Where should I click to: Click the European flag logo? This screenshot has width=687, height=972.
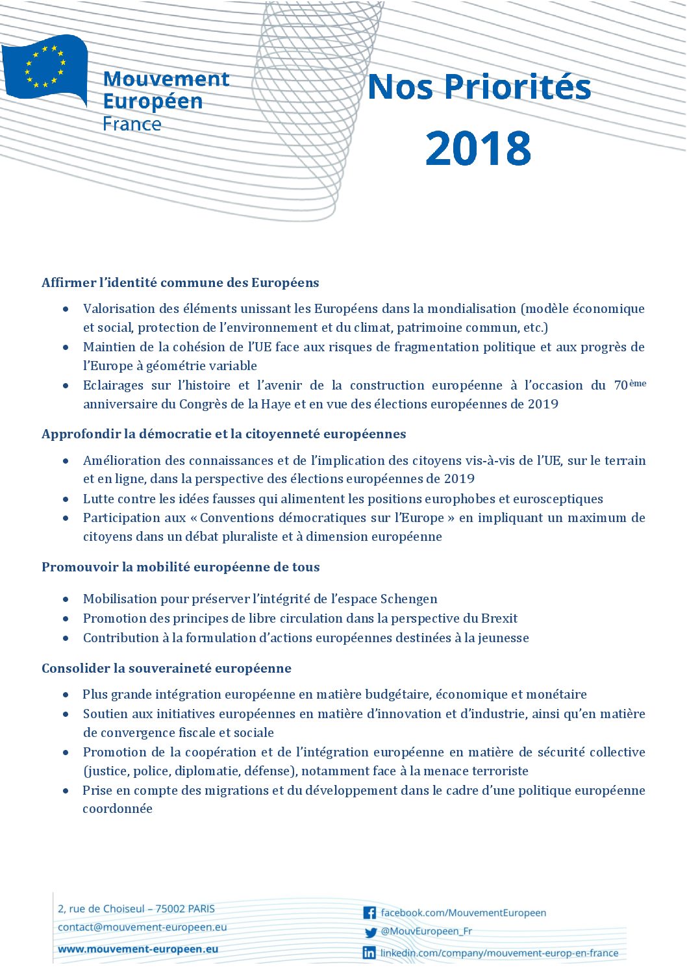(45, 68)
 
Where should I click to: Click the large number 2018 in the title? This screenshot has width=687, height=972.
(478, 147)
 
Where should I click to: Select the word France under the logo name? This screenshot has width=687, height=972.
(132, 124)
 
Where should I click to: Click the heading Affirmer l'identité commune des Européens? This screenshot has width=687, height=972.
(180, 282)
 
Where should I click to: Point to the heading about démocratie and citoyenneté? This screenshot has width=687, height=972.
(223, 434)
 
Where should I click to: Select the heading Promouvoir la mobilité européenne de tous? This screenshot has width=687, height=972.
(181, 567)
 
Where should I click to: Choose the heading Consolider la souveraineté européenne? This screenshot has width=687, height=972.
(166, 668)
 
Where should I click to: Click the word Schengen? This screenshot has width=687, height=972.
(408, 599)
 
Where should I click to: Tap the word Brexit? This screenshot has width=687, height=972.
(499, 618)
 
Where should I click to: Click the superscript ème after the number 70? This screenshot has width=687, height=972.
(638, 383)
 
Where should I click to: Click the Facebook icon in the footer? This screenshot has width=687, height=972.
(369, 913)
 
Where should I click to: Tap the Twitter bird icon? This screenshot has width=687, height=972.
(370, 932)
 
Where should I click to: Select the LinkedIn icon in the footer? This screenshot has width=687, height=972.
(369, 953)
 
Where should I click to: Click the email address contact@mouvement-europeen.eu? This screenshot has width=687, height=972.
(142, 927)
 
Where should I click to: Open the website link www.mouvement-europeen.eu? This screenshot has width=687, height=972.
(138, 949)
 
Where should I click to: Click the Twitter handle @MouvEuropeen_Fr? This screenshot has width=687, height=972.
(426, 931)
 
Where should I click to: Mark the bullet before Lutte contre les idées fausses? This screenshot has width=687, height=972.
(66, 499)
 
